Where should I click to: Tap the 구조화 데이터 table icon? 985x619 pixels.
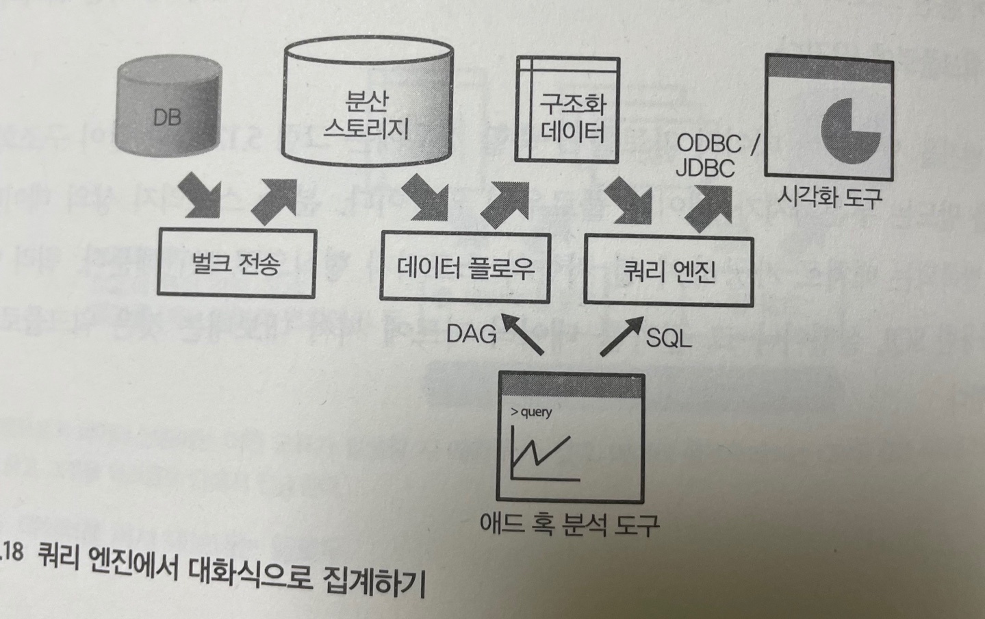pos(568,110)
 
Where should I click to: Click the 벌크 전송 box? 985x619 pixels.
pos(237,264)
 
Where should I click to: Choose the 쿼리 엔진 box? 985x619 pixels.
pos(668,271)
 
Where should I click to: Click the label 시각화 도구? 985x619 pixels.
pos(829,198)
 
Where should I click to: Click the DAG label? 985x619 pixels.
pos(472,334)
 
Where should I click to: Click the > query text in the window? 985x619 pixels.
pos(531,412)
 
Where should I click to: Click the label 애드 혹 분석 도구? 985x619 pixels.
pos(570,525)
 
